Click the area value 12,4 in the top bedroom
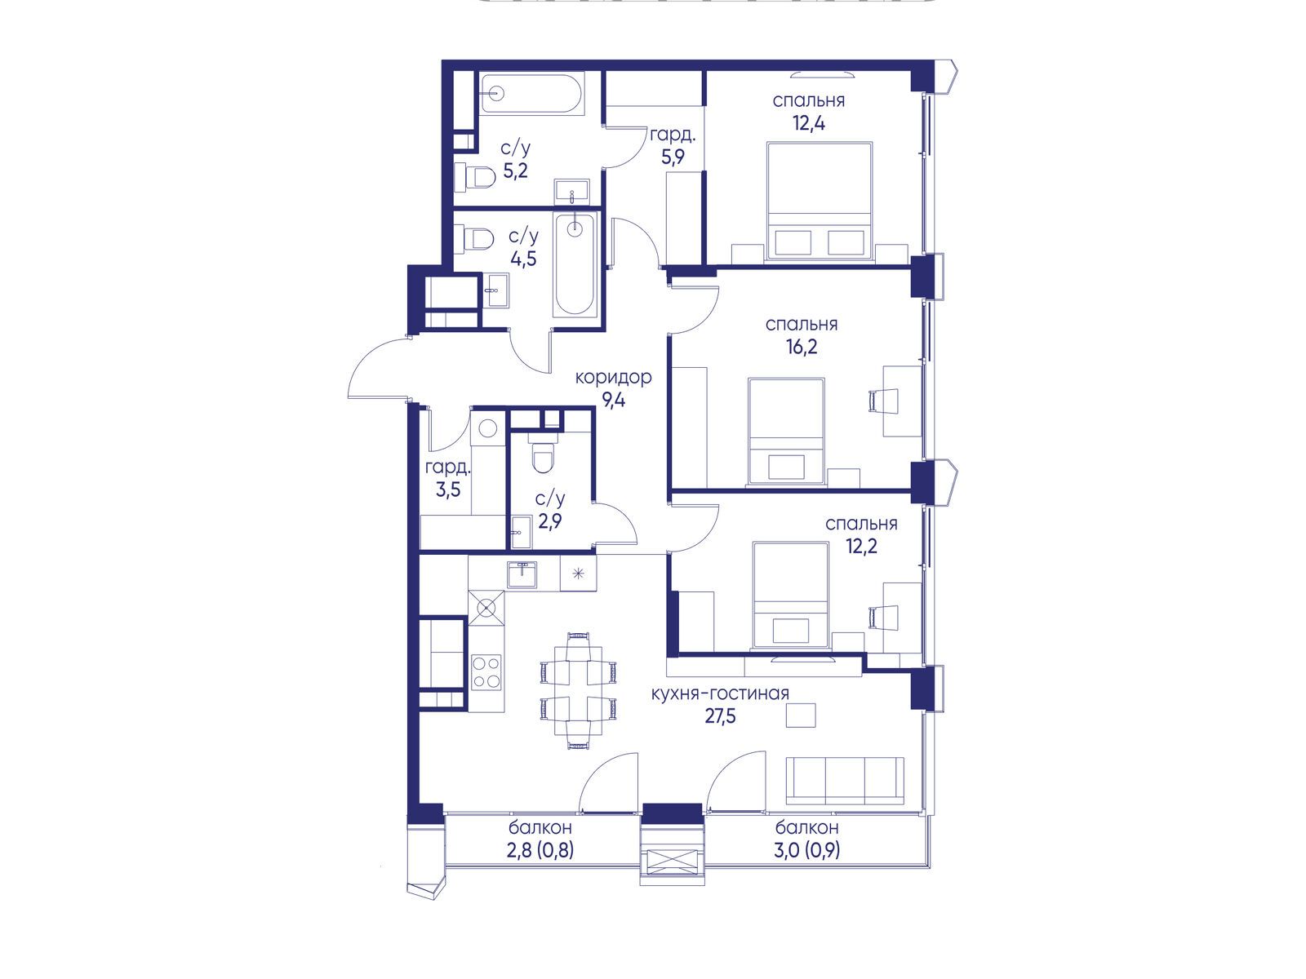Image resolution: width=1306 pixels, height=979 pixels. click(809, 123)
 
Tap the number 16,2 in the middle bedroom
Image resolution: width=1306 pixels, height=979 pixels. click(802, 347)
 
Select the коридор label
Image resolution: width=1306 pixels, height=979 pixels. click(614, 377)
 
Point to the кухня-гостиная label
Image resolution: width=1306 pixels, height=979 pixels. click(720, 693)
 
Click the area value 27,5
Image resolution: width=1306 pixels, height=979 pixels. click(721, 716)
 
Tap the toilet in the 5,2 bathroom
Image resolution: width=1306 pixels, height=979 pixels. click(475, 177)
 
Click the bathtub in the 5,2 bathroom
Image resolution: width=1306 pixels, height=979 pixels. click(532, 93)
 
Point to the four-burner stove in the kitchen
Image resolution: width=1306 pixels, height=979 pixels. click(486, 671)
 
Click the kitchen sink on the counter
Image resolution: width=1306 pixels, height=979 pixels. click(522, 575)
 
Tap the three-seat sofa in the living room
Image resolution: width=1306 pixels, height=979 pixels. click(845, 781)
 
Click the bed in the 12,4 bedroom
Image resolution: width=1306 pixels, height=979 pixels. click(820, 201)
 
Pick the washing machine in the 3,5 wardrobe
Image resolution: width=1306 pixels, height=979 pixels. click(488, 427)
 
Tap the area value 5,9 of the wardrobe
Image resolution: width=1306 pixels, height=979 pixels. click(673, 157)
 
